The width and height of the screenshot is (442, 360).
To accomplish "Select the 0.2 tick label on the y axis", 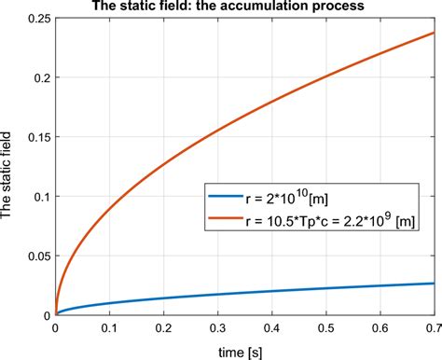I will [39, 81].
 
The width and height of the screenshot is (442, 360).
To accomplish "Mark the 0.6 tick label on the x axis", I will [378, 329].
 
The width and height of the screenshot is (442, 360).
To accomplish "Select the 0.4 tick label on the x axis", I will [270, 329].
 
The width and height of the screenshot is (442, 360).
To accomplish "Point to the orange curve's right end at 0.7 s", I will [432, 33].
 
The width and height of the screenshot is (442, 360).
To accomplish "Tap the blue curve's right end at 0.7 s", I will [432, 284].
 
